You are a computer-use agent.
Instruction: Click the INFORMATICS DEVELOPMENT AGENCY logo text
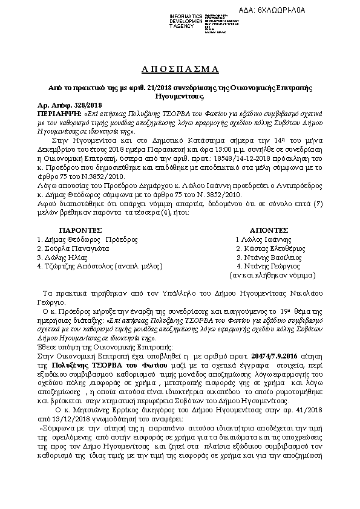pos(186,21)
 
